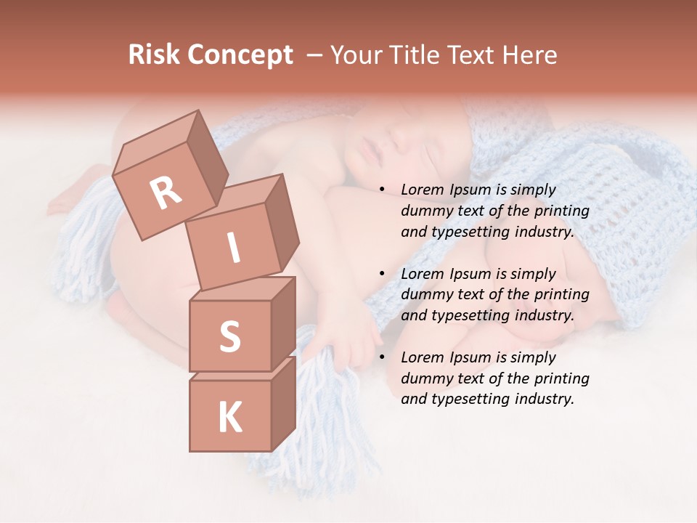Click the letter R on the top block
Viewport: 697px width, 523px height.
166,192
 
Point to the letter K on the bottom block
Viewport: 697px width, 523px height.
229,417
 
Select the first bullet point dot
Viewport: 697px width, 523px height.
382,190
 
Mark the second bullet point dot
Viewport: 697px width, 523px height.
382,274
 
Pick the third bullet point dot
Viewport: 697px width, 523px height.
382,357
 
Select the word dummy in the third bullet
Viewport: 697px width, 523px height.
425,378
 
